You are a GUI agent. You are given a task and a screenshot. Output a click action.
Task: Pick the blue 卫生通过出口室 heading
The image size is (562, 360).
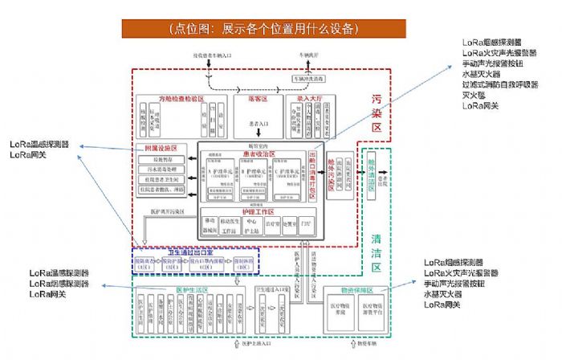(192, 252)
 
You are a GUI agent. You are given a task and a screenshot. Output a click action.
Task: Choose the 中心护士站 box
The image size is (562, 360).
(251, 224)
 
